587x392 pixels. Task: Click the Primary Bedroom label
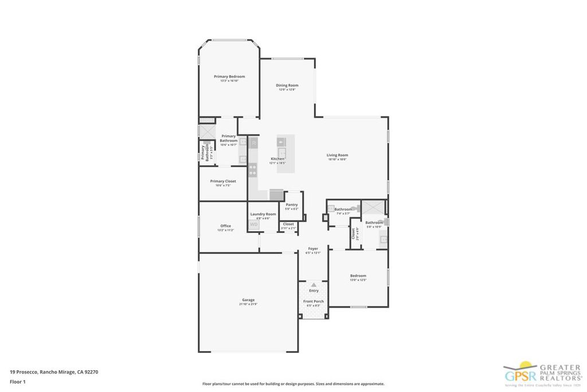pos(229,77)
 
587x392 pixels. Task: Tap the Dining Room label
pos(287,86)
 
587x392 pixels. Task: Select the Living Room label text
pos(337,155)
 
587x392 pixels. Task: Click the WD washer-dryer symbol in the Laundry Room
pos(253,224)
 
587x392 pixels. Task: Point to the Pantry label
pos(291,205)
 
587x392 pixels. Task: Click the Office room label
pos(225,226)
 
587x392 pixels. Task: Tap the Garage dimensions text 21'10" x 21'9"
pos(248,304)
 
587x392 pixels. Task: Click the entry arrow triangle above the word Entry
pos(314,285)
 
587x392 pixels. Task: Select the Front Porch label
pos(314,301)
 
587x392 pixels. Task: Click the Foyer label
pos(313,249)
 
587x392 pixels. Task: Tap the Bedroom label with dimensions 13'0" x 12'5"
pos(358,276)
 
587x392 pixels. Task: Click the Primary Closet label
pos(223,181)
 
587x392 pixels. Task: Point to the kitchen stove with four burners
pos(252,169)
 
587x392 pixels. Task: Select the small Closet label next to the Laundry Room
pos(288,224)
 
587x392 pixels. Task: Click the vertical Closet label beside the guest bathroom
pos(354,234)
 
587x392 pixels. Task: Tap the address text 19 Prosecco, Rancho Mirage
pos(54,372)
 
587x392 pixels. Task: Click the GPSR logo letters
pos(519,376)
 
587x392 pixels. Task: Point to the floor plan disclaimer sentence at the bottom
pos(293,384)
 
